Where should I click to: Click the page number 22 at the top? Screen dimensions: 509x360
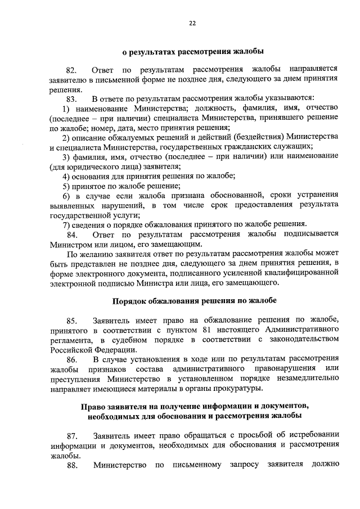tap(192, 23)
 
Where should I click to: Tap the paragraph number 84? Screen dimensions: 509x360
tap(72, 234)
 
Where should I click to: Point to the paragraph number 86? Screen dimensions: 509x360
tap(71, 359)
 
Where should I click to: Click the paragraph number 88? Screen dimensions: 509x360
tap(71, 465)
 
